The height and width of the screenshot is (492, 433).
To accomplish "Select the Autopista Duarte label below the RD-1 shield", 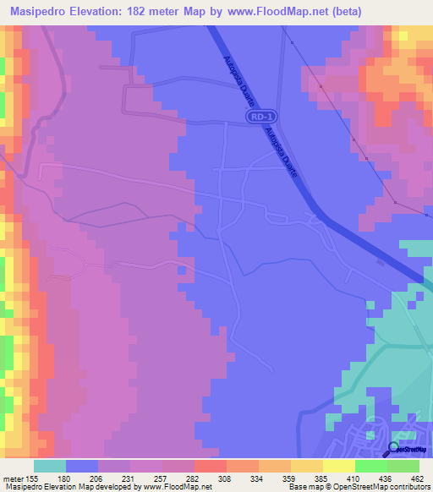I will click(281, 152).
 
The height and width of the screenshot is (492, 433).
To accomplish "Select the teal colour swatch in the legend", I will click(50, 466).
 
